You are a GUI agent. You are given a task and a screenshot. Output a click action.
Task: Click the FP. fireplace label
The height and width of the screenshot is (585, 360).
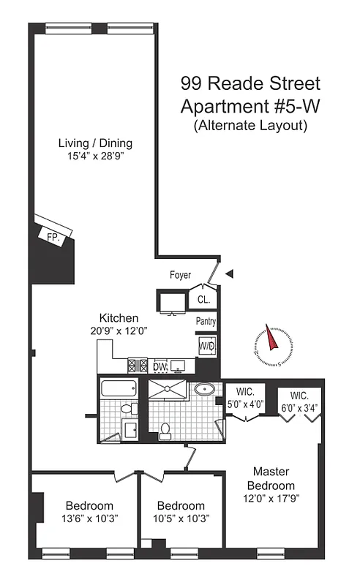coord(52,237)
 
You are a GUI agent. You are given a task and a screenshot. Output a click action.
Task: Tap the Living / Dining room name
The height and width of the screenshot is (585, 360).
coord(96,143)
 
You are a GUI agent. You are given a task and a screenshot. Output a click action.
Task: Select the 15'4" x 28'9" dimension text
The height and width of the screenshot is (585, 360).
coord(96,156)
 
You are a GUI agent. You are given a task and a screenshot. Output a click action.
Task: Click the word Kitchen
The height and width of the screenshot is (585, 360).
coord(119,318)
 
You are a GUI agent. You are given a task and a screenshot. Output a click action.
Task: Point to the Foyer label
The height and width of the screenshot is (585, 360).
coord(179,276)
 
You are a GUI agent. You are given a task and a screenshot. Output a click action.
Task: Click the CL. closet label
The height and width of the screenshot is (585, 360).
coord(203,299)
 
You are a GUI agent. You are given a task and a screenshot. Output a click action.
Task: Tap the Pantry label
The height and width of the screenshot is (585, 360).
coord(206,321)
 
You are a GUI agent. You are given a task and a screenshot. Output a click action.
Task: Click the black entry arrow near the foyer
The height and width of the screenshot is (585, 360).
coord(230,274)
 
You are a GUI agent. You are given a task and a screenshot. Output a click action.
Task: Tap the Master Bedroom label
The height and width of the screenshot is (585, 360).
coord(274,478)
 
